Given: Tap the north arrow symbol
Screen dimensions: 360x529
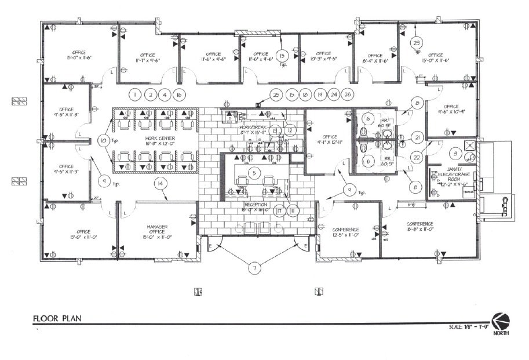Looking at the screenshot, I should (501, 321).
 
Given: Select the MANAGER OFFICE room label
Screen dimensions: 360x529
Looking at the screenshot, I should (156, 230).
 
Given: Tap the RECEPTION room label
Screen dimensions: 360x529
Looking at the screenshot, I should (256, 205).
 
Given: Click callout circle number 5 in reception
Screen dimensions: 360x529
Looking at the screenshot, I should (253, 172).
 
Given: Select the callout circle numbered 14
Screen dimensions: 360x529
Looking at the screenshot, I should (160, 184).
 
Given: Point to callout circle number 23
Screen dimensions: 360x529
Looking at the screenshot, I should (417, 42).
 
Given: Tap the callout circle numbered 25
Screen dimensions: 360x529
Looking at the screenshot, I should (276, 94).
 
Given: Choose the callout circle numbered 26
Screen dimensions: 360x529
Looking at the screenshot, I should (348, 94).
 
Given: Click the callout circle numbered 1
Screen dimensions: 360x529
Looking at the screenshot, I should (134, 94).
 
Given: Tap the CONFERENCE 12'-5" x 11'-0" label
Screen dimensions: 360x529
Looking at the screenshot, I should (346, 231).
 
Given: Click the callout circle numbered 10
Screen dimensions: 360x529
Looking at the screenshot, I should (103, 140).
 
